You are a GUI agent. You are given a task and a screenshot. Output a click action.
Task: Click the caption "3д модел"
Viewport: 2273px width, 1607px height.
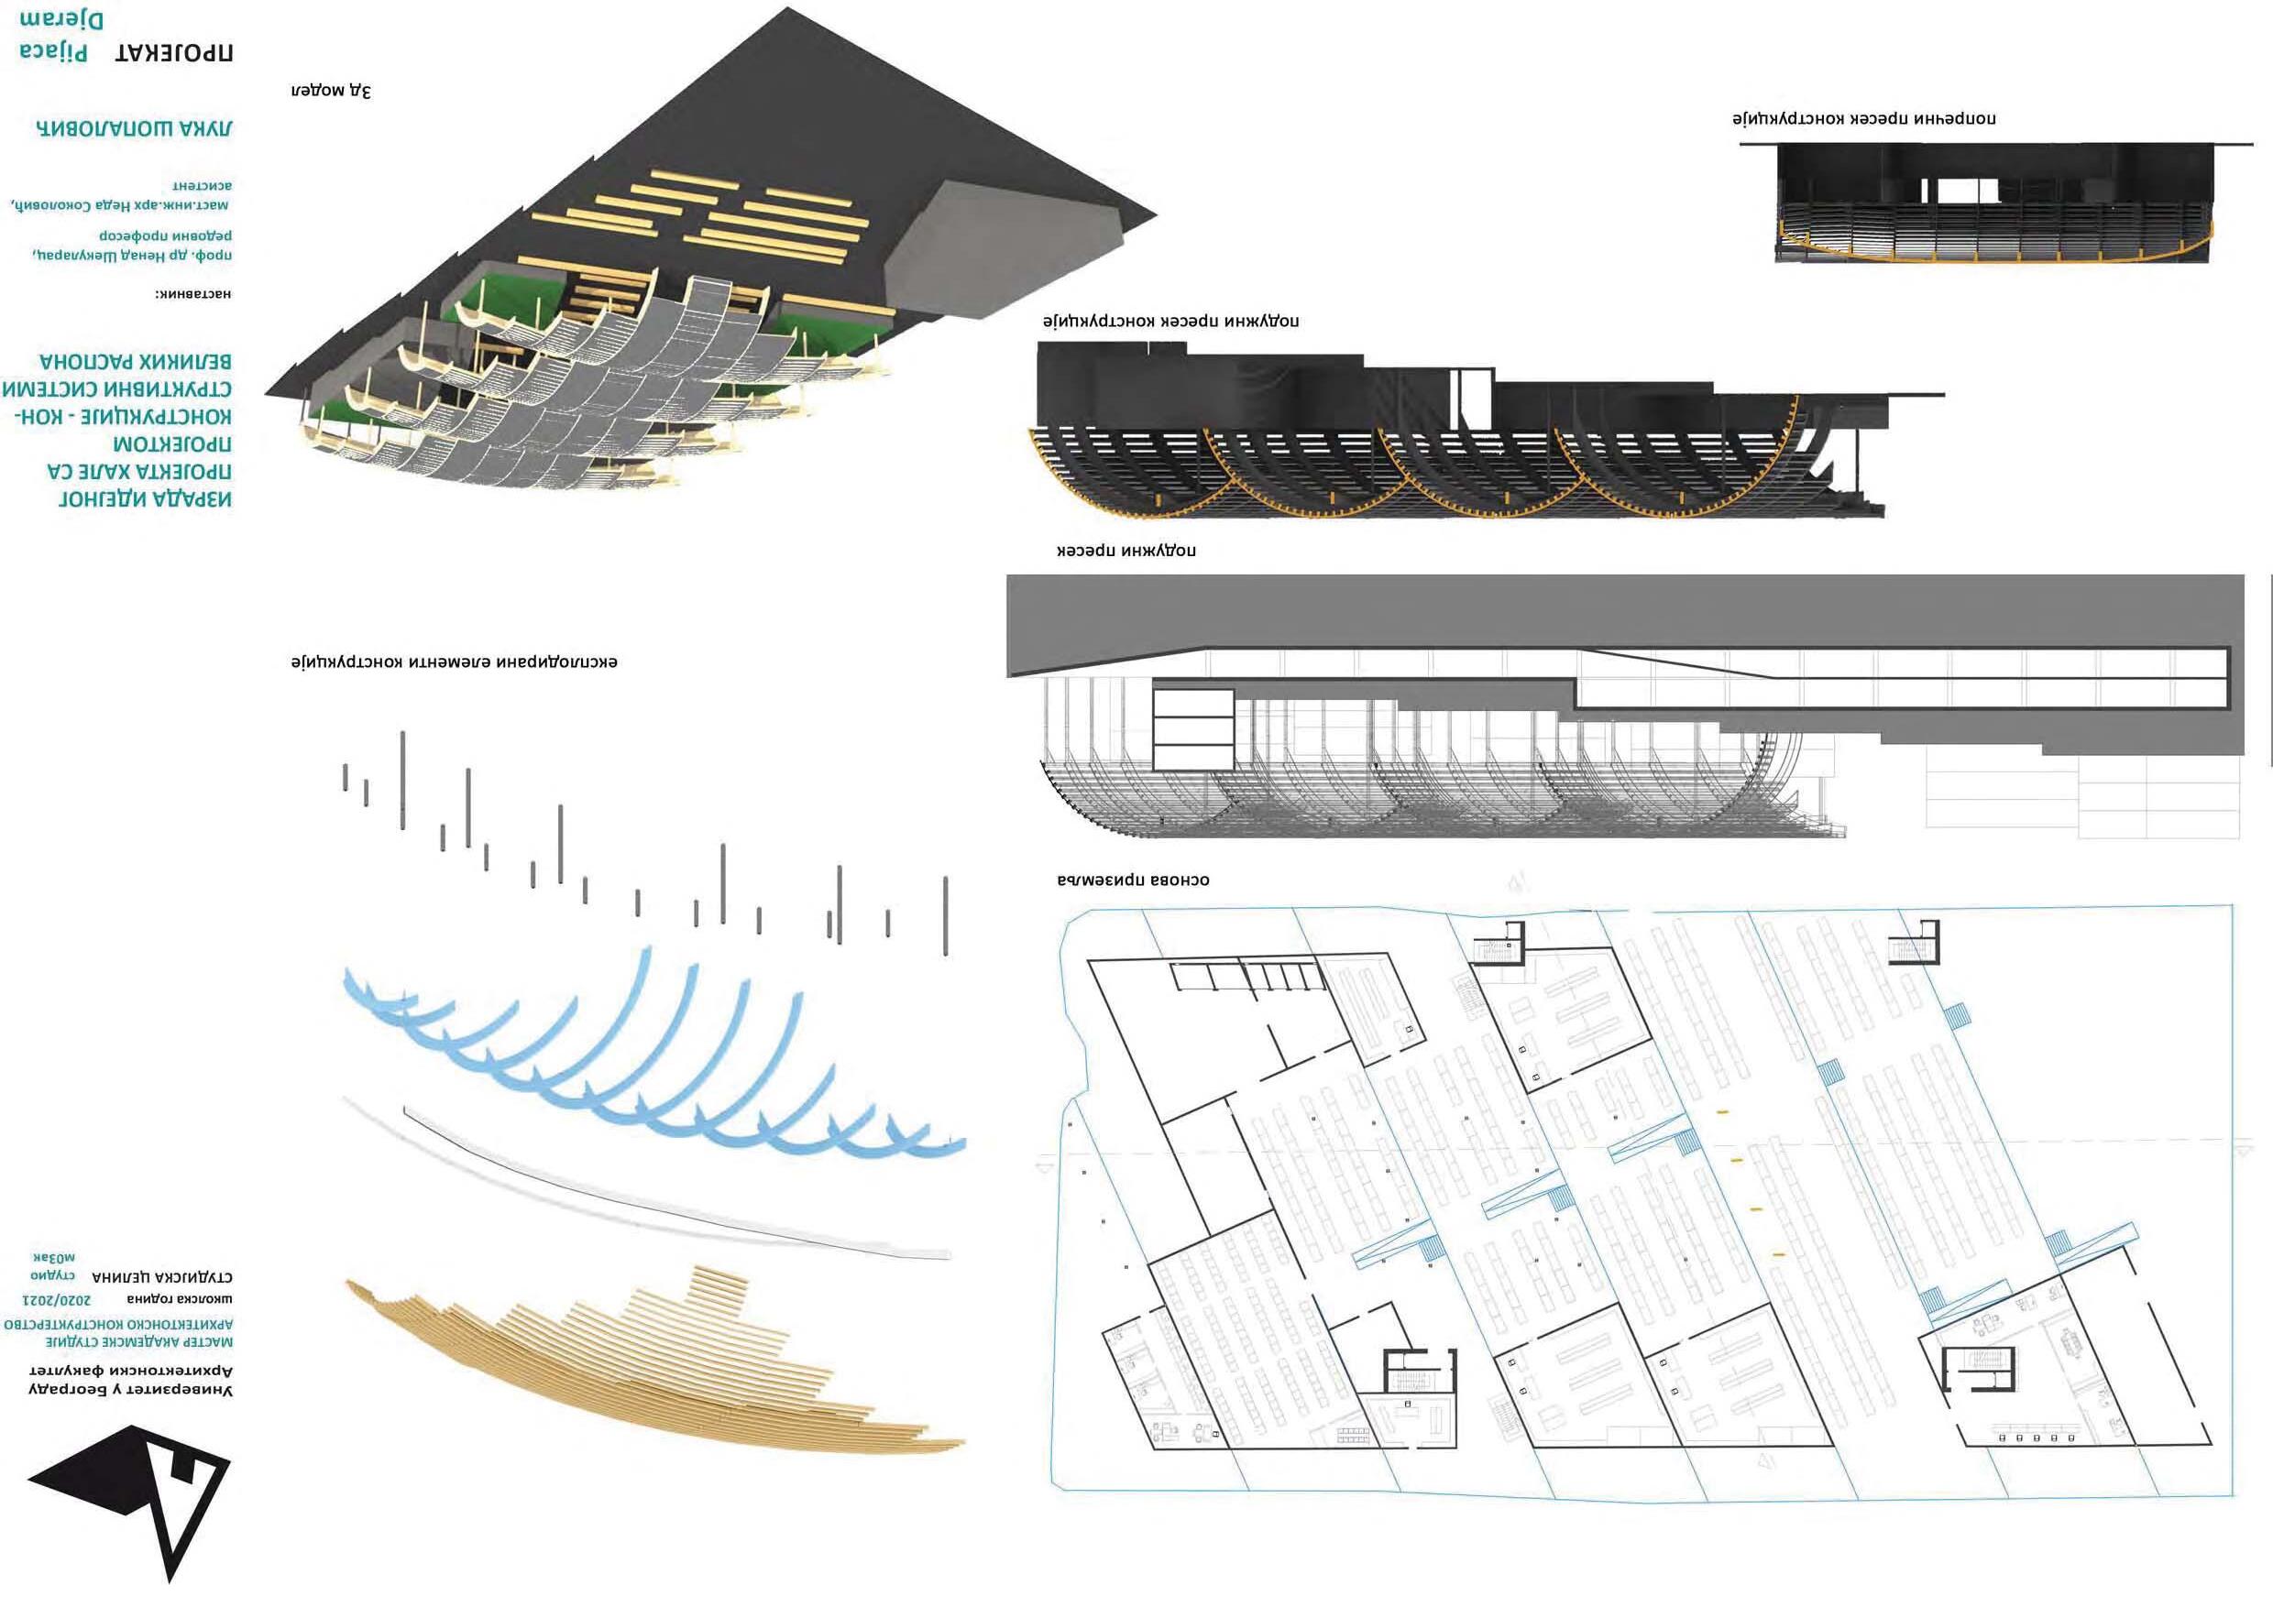tap(331, 91)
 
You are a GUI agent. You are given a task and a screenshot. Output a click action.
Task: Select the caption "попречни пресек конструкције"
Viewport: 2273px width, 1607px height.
tap(1863, 119)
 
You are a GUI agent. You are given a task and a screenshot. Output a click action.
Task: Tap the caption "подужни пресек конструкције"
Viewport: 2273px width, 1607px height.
tap(1170, 322)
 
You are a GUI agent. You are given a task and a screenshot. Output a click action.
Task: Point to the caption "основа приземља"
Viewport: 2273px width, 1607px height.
tap(1133, 880)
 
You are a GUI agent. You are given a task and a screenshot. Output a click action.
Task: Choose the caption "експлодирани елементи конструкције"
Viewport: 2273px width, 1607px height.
tap(455, 661)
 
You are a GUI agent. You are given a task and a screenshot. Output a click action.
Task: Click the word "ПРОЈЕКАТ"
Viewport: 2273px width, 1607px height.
tap(174, 52)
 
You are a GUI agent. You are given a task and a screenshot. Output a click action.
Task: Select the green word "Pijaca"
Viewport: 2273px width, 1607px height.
tap(53, 51)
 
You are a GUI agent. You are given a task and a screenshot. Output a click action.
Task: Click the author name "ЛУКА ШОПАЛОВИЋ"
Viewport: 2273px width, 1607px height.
tap(134, 128)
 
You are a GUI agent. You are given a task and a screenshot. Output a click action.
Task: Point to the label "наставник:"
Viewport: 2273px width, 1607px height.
tap(192, 294)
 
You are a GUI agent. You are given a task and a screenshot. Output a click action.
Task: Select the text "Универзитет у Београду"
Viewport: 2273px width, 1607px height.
tap(131, 1390)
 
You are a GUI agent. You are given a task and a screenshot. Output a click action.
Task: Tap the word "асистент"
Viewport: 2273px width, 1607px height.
tap(202, 185)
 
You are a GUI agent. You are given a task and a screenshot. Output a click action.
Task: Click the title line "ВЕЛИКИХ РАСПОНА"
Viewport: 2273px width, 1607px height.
tap(136, 361)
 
